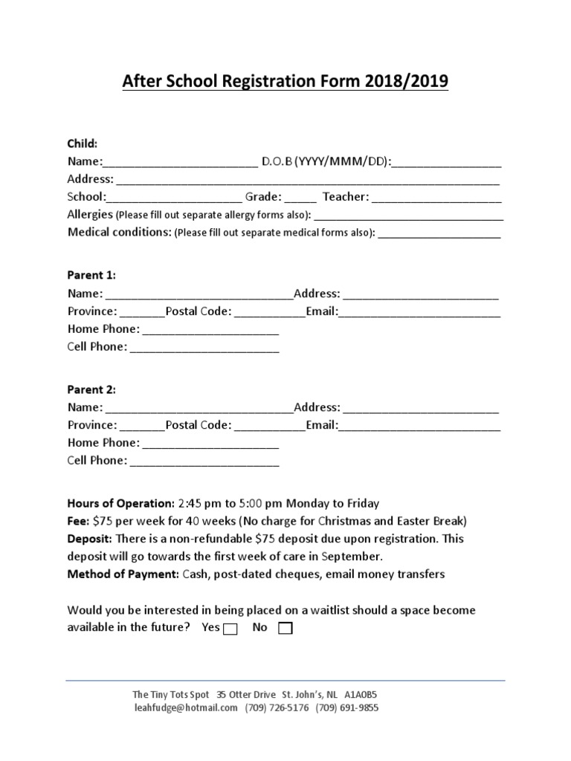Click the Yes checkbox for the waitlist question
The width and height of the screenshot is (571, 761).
(230, 629)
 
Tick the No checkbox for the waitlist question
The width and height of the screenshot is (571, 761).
(285, 629)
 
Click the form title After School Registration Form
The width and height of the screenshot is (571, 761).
(285, 81)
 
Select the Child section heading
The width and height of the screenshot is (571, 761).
(82, 143)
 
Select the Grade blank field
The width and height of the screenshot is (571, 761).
(300, 198)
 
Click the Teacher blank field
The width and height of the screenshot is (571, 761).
(436, 198)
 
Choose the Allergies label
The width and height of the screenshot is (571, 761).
(89, 214)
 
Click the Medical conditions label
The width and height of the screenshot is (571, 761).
(120, 232)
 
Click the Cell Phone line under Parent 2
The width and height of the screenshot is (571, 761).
(204, 462)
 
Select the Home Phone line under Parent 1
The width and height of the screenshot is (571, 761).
(210, 331)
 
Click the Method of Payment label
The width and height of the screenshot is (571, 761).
(120, 574)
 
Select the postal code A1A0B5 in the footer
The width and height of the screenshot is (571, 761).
(366, 694)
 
